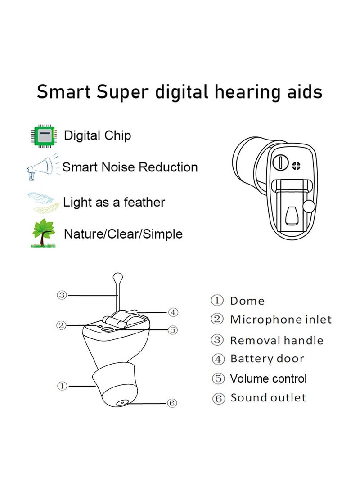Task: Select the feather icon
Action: (43, 202)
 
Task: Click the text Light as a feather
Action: (114, 203)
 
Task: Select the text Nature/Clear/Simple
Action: (123, 234)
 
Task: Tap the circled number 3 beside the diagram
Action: (62, 295)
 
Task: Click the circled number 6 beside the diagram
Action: (171, 403)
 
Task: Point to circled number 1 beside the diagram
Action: (62, 386)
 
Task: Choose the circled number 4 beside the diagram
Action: (173, 312)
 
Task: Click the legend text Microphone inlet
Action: (281, 320)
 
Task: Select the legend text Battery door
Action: (267, 359)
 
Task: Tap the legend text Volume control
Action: (268, 378)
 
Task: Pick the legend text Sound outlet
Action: (268, 398)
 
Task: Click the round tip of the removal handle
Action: (118, 275)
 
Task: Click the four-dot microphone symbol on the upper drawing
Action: (296, 165)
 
